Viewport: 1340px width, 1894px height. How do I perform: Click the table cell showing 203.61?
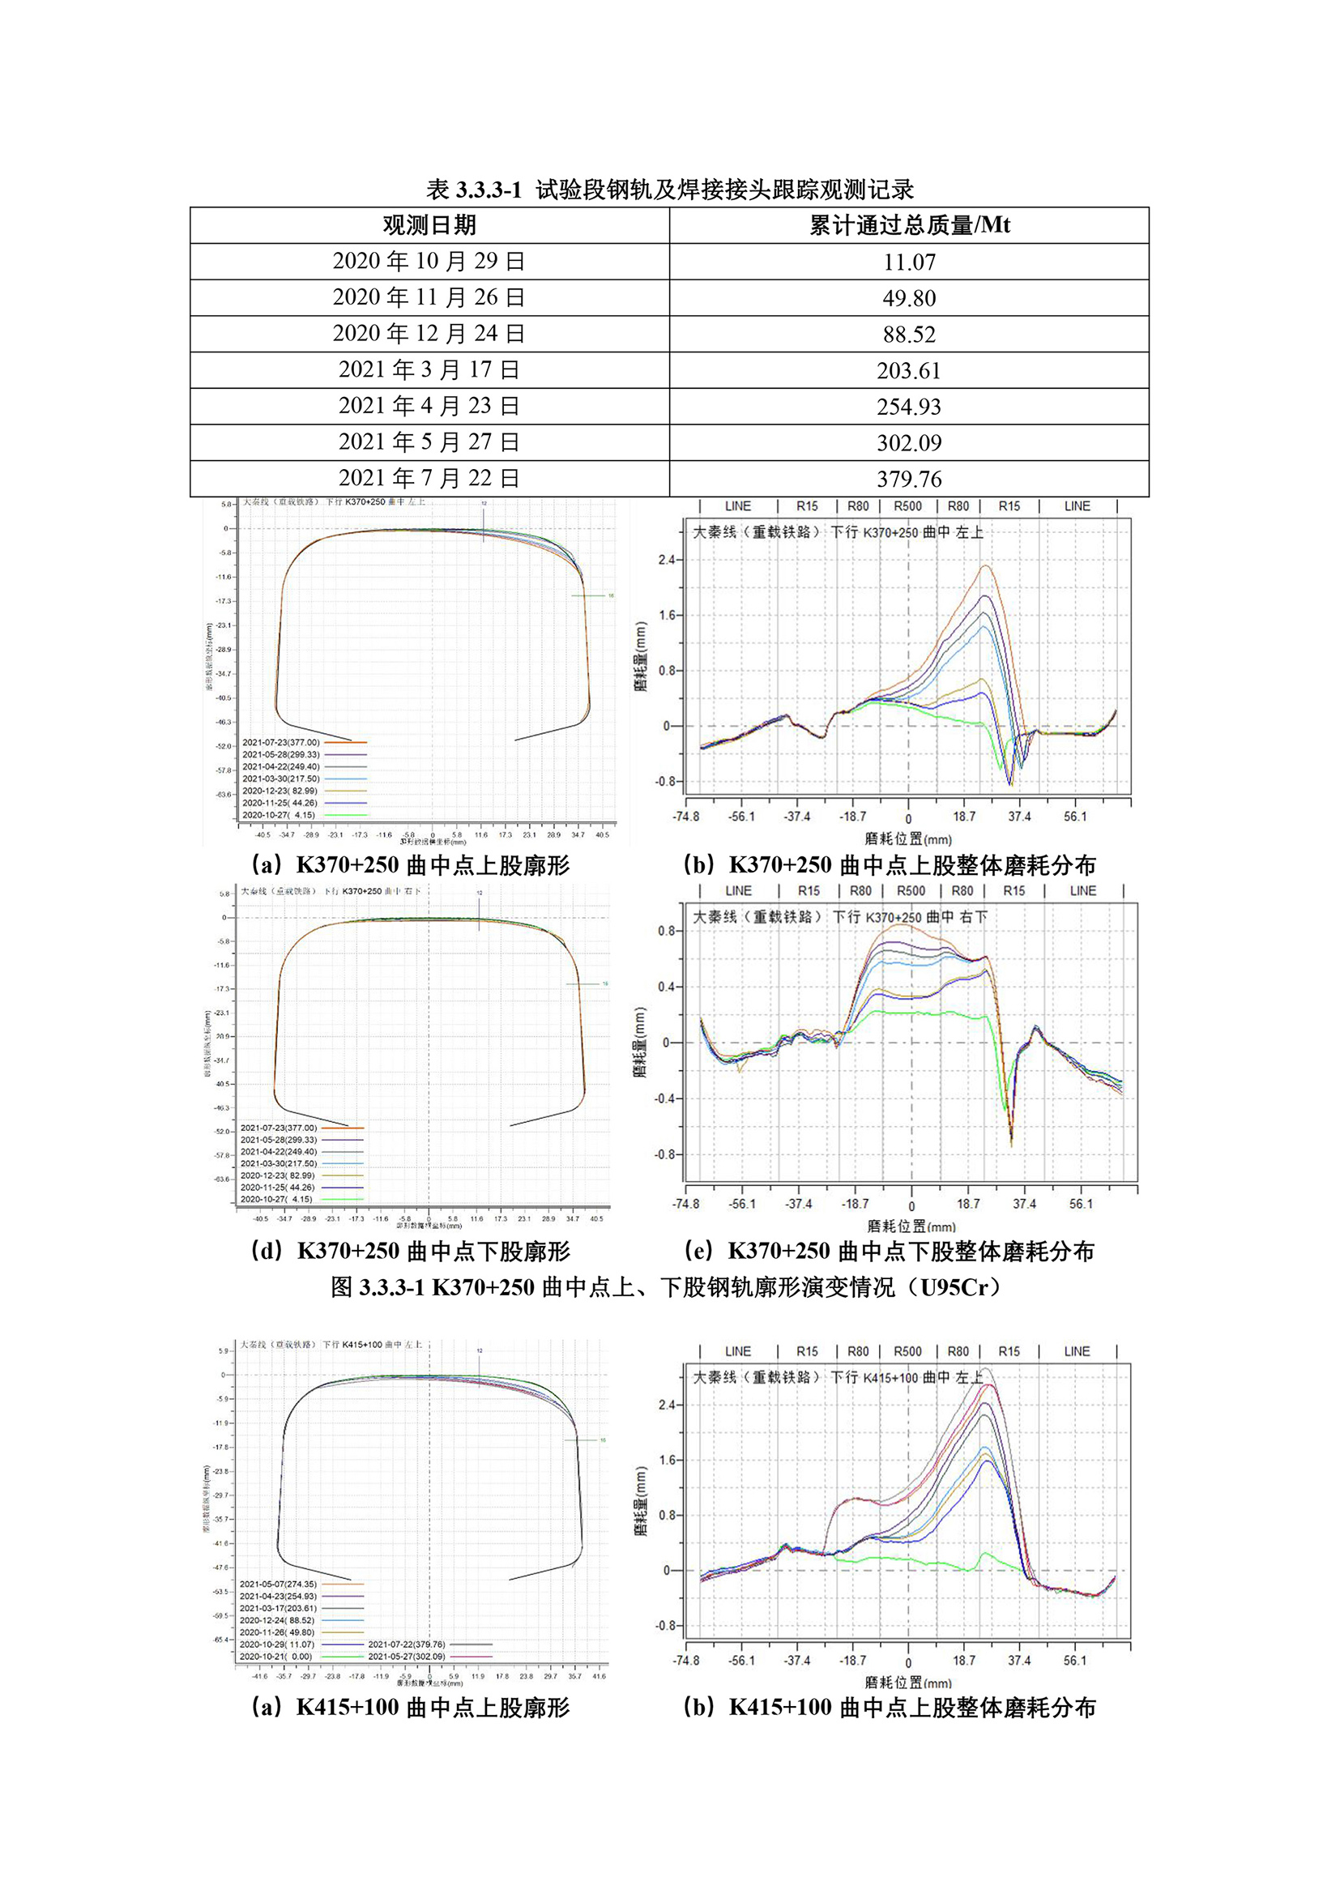tap(908, 370)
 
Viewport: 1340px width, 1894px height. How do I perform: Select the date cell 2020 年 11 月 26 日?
tap(429, 297)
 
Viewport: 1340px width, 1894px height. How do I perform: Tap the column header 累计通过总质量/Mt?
tap(908, 225)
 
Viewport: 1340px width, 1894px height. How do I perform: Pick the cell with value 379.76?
tap(908, 479)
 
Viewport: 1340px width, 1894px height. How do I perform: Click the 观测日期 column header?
tap(429, 225)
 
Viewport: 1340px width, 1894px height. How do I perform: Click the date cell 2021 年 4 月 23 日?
tap(429, 406)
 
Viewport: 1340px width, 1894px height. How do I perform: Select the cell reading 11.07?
tap(908, 262)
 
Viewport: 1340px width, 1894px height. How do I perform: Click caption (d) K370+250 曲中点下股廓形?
tap(410, 1252)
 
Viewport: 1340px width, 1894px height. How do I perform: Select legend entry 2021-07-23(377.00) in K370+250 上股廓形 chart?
tap(280, 742)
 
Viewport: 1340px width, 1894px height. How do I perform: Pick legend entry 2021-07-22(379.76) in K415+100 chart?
tap(407, 1644)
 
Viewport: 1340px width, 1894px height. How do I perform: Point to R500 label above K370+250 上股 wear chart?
tap(907, 506)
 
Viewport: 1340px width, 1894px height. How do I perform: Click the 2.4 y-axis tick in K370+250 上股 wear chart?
tap(666, 560)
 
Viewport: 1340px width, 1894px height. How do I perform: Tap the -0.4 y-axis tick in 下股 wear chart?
tap(664, 1098)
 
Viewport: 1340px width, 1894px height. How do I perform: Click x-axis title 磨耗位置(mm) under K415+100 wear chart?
tap(907, 1683)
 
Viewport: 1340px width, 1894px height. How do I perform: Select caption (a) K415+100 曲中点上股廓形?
tap(410, 1708)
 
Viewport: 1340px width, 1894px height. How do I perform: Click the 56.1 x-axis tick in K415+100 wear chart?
tap(1074, 1660)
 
